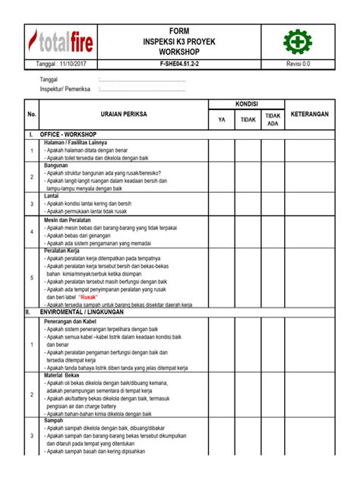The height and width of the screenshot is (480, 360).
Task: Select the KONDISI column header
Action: click(x=245, y=104)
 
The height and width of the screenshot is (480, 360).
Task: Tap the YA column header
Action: click(x=221, y=118)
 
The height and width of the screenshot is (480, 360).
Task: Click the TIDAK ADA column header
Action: click(x=273, y=118)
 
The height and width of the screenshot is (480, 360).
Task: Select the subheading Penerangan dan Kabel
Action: click(x=74, y=322)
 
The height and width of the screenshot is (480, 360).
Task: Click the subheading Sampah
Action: click(x=55, y=420)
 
